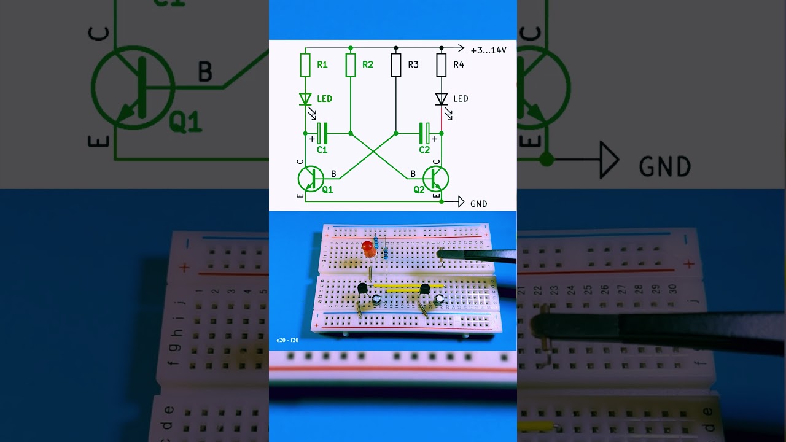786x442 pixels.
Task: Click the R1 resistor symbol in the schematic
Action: click(x=305, y=65)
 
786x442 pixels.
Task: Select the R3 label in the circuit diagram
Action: click(x=413, y=64)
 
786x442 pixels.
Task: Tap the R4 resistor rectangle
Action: click(x=441, y=65)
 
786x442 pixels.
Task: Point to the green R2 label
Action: click(x=367, y=64)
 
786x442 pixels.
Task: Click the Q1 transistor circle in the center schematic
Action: click(x=311, y=179)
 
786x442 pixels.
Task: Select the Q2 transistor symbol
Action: click(x=435, y=179)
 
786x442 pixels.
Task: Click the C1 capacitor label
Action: click(x=322, y=150)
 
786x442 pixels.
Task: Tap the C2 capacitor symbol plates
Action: click(x=424, y=133)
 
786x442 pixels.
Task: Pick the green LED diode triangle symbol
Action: click(x=305, y=98)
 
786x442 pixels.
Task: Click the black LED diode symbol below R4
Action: click(x=441, y=98)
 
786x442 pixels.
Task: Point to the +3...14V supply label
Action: click(x=488, y=50)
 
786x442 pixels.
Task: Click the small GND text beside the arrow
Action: click(x=478, y=204)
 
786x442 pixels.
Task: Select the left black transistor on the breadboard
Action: click(x=362, y=289)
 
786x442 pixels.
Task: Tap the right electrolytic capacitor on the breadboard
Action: click(x=440, y=300)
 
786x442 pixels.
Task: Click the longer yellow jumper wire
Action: click(x=408, y=285)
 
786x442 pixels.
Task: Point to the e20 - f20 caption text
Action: click(x=287, y=339)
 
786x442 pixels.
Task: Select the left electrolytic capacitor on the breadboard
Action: click(x=377, y=299)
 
